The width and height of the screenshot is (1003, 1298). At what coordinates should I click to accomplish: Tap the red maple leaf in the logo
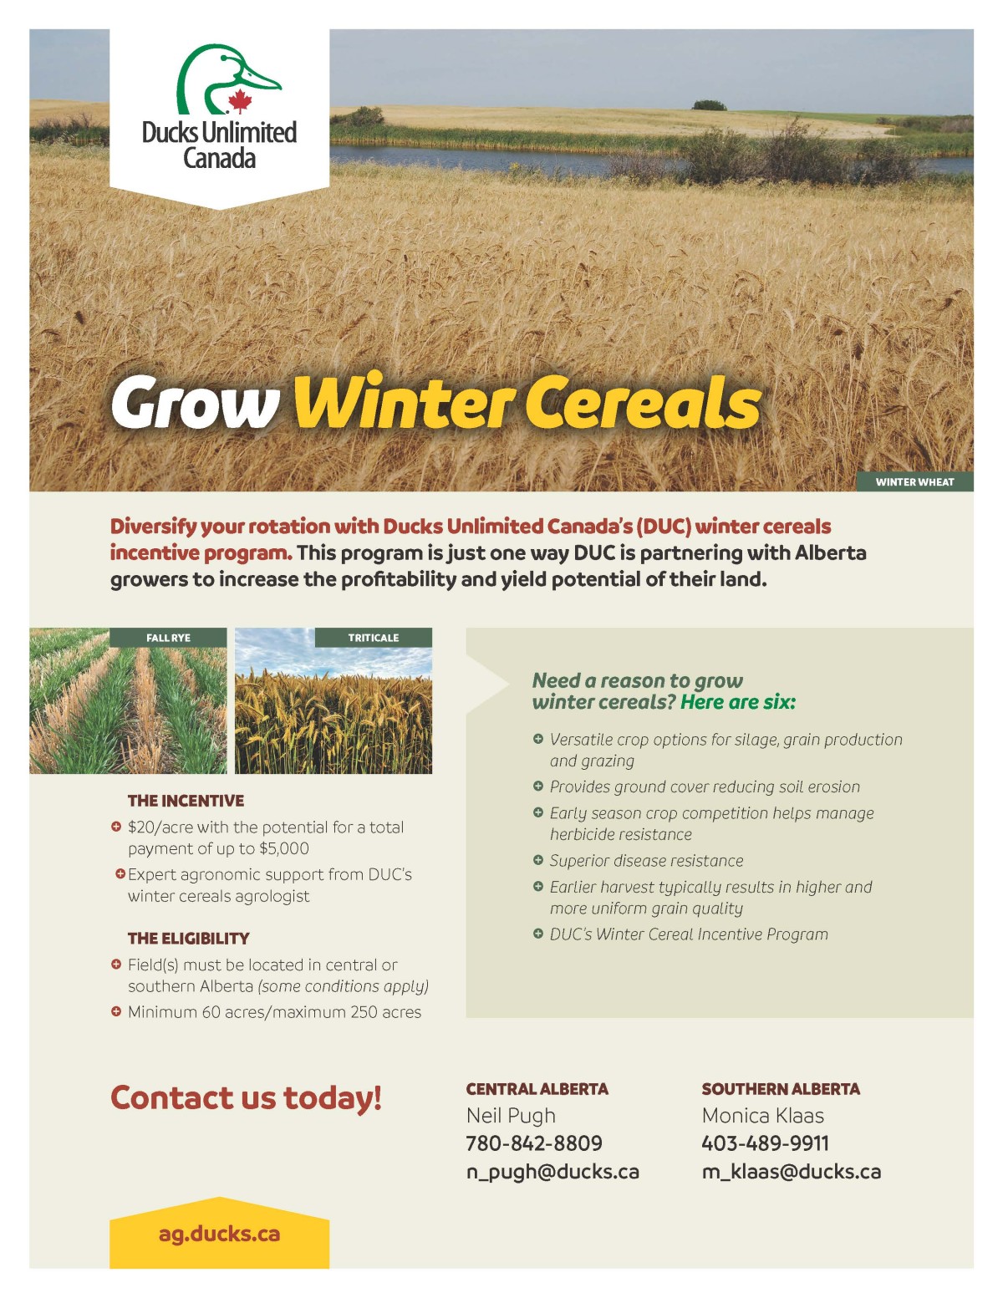point(240,101)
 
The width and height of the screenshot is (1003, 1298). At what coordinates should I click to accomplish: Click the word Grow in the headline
point(196,403)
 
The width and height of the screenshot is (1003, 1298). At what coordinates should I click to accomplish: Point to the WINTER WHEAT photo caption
point(914,482)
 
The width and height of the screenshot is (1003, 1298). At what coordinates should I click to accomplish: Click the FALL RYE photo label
point(169,638)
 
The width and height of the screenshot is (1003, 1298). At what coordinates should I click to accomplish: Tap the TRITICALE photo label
point(374,638)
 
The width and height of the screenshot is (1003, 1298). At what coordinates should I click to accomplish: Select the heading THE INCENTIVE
point(186,801)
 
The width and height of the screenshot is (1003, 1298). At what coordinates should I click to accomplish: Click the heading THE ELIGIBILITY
point(188,939)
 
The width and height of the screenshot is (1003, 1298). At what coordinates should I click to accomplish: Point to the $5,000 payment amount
point(283,849)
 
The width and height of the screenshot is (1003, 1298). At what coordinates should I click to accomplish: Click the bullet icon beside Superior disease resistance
point(537,860)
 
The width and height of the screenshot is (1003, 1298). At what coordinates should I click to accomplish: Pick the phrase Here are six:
point(738,702)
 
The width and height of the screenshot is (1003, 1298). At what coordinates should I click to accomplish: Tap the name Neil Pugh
point(511,1116)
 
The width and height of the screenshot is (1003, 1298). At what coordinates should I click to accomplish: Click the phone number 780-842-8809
point(534,1143)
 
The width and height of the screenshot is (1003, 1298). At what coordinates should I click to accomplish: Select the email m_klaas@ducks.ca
point(792,1172)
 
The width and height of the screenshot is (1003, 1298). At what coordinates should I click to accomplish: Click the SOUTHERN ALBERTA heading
point(781,1089)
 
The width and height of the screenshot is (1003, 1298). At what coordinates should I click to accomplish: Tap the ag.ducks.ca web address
point(219,1234)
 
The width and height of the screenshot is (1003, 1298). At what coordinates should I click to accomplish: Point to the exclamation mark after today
point(377,1097)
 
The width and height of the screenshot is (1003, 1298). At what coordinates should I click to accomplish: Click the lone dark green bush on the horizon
point(709,105)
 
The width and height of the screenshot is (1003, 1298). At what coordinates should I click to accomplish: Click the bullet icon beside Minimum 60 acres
point(116,1011)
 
